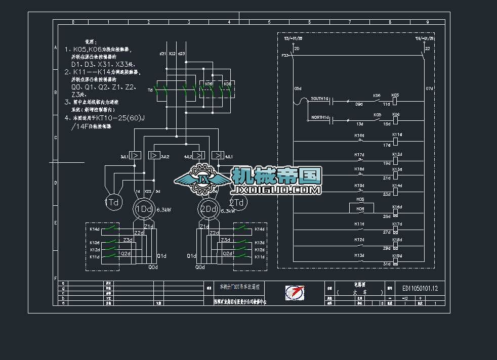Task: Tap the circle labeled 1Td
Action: pos(114,203)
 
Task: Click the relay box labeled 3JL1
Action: pos(135,156)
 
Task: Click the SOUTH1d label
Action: pos(319,98)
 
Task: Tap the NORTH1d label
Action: pos(319,117)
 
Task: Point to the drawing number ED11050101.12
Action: pos(420,288)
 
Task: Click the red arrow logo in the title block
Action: pos(295,293)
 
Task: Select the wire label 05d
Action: pos(298,88)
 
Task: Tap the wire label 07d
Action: pos(429,88)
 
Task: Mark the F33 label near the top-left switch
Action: pos(285,55)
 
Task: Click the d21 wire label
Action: pos(162,54)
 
